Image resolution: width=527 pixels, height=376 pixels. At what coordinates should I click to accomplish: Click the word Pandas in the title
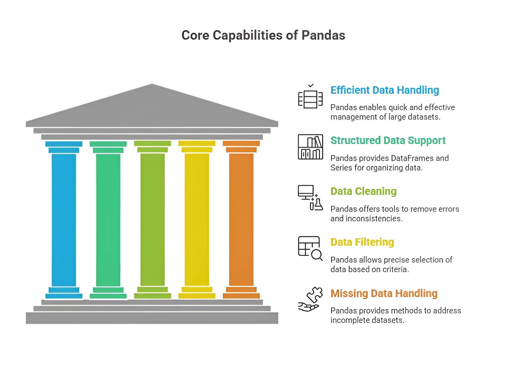323,35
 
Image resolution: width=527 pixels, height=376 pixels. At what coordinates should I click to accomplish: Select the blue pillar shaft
64,219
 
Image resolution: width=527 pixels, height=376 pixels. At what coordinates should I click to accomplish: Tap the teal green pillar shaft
108,219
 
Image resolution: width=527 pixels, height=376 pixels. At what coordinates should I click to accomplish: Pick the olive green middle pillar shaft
152,219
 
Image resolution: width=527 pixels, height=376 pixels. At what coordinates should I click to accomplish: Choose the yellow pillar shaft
197,219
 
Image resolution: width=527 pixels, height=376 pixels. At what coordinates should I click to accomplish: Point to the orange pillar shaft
241,219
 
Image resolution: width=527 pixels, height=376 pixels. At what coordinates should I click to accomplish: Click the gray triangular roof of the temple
152,108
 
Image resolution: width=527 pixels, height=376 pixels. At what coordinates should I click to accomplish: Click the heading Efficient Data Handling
385,90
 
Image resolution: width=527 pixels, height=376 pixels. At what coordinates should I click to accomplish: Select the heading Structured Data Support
388,140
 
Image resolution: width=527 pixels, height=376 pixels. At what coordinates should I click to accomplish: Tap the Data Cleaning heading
363,191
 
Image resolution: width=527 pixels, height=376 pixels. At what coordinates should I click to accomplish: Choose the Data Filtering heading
362,242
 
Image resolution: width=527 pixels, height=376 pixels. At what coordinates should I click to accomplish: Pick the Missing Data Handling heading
384,294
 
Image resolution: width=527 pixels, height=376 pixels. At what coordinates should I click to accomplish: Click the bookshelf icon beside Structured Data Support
310,147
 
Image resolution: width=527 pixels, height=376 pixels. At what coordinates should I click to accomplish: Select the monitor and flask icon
310,198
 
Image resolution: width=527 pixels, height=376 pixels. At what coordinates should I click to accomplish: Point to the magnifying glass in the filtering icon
316,255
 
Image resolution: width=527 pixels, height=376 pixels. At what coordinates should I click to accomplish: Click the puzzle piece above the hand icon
315,294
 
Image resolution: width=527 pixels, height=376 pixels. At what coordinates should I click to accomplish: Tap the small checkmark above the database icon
311,85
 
